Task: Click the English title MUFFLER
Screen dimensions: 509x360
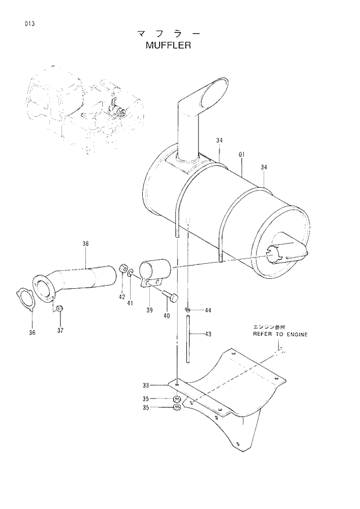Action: (x=169, y=45)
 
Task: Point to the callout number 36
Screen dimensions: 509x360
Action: (x=32, y=332)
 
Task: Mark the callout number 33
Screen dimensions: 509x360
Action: (x=146, y=385)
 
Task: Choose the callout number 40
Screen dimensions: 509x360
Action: (x=167, y=316)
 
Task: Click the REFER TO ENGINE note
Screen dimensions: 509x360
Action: (x=280, y=335)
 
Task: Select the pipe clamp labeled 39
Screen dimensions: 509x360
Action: (x=153, y=272)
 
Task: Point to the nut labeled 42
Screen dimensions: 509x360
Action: (x=123, y=269)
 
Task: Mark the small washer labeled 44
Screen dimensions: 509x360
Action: (x=188, y=310)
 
